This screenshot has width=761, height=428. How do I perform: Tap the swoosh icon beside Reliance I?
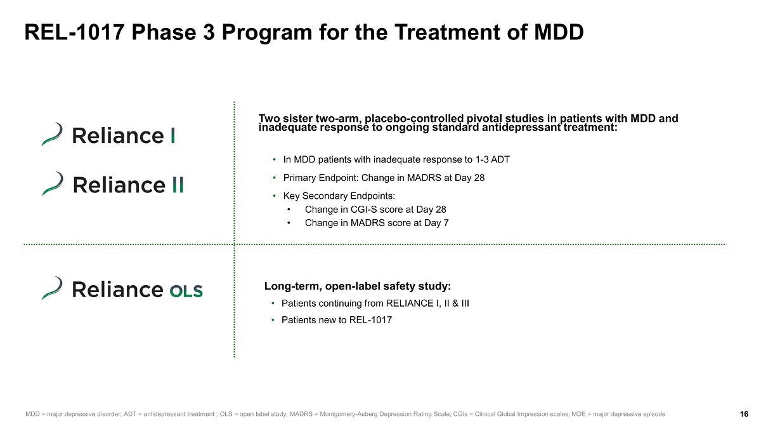[x=52, y=134]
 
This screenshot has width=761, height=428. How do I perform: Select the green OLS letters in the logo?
[x=186, y=291]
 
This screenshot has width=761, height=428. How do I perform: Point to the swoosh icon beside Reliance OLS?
[x=52, y=288]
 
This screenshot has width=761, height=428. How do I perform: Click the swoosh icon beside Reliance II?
[x=52, y=183]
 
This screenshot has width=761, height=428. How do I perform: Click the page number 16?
[x=744, y=414]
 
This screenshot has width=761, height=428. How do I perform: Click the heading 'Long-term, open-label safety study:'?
[x=358, y=286]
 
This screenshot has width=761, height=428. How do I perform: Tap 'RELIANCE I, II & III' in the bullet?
[x=427, y=304]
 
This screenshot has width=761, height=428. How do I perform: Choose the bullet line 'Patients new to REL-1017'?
[x=336, y=320]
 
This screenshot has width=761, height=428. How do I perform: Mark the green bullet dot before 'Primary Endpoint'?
[x=274, y=178]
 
